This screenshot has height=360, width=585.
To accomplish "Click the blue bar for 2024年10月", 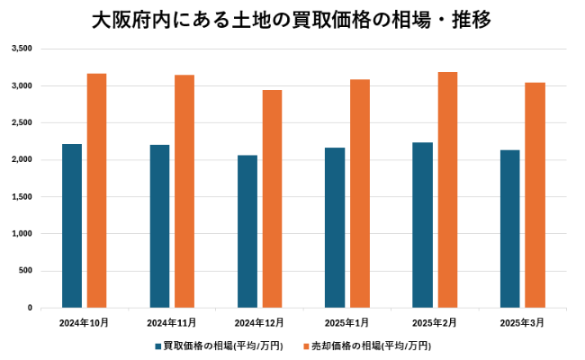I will click(x=72, y=226).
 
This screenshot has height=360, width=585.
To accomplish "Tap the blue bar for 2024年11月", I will click(x=159, y=226).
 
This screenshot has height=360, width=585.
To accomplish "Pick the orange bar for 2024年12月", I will click(x=272, y=199).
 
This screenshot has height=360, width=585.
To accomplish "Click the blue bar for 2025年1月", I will click(x=335, y=228).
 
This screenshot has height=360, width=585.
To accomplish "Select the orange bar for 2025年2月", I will click(x=447, y=190).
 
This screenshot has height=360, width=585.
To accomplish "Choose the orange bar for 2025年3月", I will click(x=535, y=195).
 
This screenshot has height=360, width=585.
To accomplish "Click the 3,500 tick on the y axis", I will click(x=22, y=49).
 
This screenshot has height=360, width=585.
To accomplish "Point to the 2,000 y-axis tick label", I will click(x=22, y=159).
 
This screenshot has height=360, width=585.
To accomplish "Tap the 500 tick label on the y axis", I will click(x=25, y=271).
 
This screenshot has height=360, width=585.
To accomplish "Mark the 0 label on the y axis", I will click(x=30, y=308).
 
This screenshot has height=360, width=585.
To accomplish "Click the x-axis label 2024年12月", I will click(x=259, y=321).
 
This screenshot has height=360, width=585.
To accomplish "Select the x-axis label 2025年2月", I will click(x=435, y=321).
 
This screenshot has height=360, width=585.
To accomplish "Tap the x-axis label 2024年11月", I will click(x=172, y=321).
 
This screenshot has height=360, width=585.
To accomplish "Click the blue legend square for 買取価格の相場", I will click(x=157, y=346).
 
